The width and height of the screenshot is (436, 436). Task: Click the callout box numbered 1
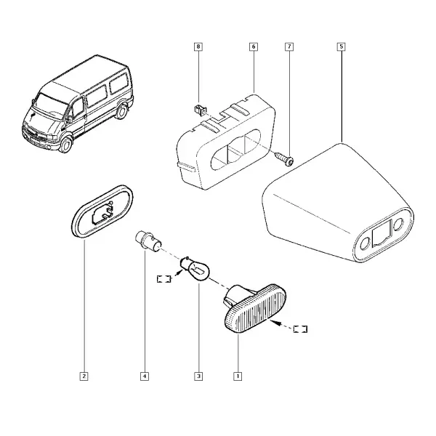[238, 376]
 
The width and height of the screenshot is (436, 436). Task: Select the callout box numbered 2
[84, 376]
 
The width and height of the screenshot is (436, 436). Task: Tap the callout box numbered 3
[198, 376]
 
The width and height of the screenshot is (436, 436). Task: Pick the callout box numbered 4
[145, 376]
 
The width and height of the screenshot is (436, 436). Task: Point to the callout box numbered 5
[342, 47]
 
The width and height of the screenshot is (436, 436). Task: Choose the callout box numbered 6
[254, 47]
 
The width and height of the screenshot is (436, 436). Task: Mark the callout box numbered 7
[289, 47]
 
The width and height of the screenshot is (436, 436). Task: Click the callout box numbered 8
[198, 47]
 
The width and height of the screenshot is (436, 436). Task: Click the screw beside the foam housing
[284, 158]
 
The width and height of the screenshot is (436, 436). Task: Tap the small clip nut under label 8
[200, 110]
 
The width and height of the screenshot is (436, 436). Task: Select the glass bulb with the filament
[195, 269]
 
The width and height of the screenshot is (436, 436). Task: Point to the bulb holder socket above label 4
[148, 241]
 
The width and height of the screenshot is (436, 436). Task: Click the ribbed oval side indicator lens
[255, 307]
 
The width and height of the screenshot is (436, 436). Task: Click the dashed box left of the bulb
[163, 278]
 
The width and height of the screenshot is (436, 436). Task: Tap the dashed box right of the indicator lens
[300, 329]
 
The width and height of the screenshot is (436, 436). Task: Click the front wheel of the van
[66, 145]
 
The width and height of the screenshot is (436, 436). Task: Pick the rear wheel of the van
[121, 110]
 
